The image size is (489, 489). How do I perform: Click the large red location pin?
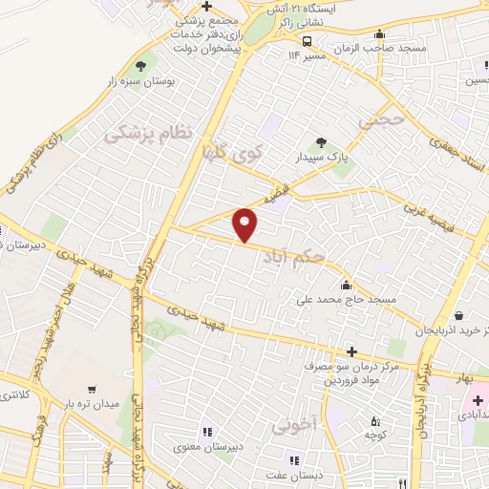click(x=245, y=223)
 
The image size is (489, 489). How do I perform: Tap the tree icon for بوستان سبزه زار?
click(x=141, y=66)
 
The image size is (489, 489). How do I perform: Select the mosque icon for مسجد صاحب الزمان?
click(x=381, y=34)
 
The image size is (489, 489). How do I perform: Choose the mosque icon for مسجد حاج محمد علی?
click(x=345, y=286)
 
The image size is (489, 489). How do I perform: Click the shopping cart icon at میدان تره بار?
click(x=92, y=389)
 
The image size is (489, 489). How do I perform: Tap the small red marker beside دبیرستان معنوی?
click(x=202, y=432)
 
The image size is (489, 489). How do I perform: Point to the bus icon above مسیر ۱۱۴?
click(x=308, y=41)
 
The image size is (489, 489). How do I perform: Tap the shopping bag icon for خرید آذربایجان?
click(x=459, y=315)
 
